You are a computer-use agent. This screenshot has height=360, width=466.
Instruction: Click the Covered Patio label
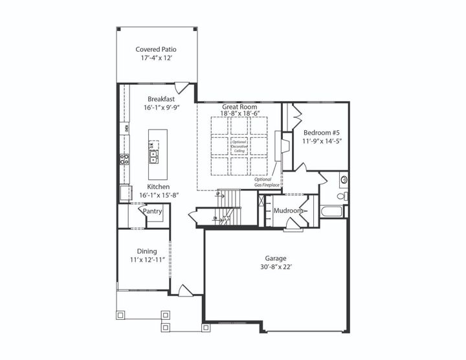156,49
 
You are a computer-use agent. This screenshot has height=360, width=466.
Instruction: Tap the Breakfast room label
161,99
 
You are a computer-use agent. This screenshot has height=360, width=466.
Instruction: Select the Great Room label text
239,106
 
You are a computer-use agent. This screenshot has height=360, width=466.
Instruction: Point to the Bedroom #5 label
321,132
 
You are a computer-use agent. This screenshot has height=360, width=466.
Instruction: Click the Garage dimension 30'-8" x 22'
275,267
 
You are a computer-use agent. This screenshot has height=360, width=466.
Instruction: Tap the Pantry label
152,212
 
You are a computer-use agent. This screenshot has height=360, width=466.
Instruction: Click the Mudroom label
288,211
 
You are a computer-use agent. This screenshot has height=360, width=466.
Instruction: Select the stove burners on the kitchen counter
124,159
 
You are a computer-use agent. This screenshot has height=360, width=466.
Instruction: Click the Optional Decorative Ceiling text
239,147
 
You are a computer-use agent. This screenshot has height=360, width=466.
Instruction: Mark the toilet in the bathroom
342,196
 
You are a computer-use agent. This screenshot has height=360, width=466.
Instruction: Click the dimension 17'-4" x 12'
156,58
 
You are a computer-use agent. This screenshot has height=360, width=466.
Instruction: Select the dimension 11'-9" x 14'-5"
321,141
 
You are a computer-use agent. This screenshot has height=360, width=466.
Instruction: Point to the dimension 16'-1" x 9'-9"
161,108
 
